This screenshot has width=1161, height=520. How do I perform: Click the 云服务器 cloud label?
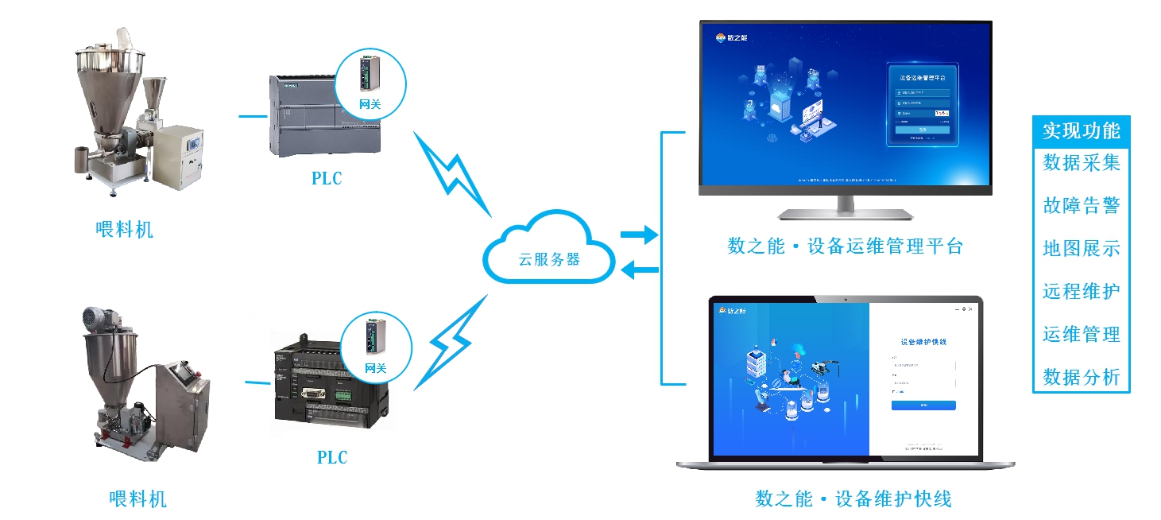pos(549,260)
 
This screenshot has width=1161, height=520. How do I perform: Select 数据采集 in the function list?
pos(1081,163)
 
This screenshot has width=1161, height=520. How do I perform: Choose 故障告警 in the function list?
pos(1081,206)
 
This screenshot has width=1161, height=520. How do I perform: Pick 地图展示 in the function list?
pos(1081,248)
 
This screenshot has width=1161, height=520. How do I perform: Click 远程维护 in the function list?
pos(1081,291)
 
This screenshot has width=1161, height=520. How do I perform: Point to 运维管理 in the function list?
pos(1081,334)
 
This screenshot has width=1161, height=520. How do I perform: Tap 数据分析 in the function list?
pos(1081,376)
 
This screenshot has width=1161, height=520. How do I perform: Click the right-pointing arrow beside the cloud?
pos(639,235)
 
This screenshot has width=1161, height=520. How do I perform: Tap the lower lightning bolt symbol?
pos(453,343)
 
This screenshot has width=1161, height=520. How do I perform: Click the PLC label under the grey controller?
pos(327,178)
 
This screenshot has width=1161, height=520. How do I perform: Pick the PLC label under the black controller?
pos(332,457)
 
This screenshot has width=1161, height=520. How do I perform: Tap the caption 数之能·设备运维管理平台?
pos(845,246)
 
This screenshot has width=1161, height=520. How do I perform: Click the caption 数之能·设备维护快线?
pos(853,499)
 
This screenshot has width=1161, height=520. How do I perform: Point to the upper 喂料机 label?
pos(124,230)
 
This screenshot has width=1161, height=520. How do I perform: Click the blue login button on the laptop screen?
pos(923,406)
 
